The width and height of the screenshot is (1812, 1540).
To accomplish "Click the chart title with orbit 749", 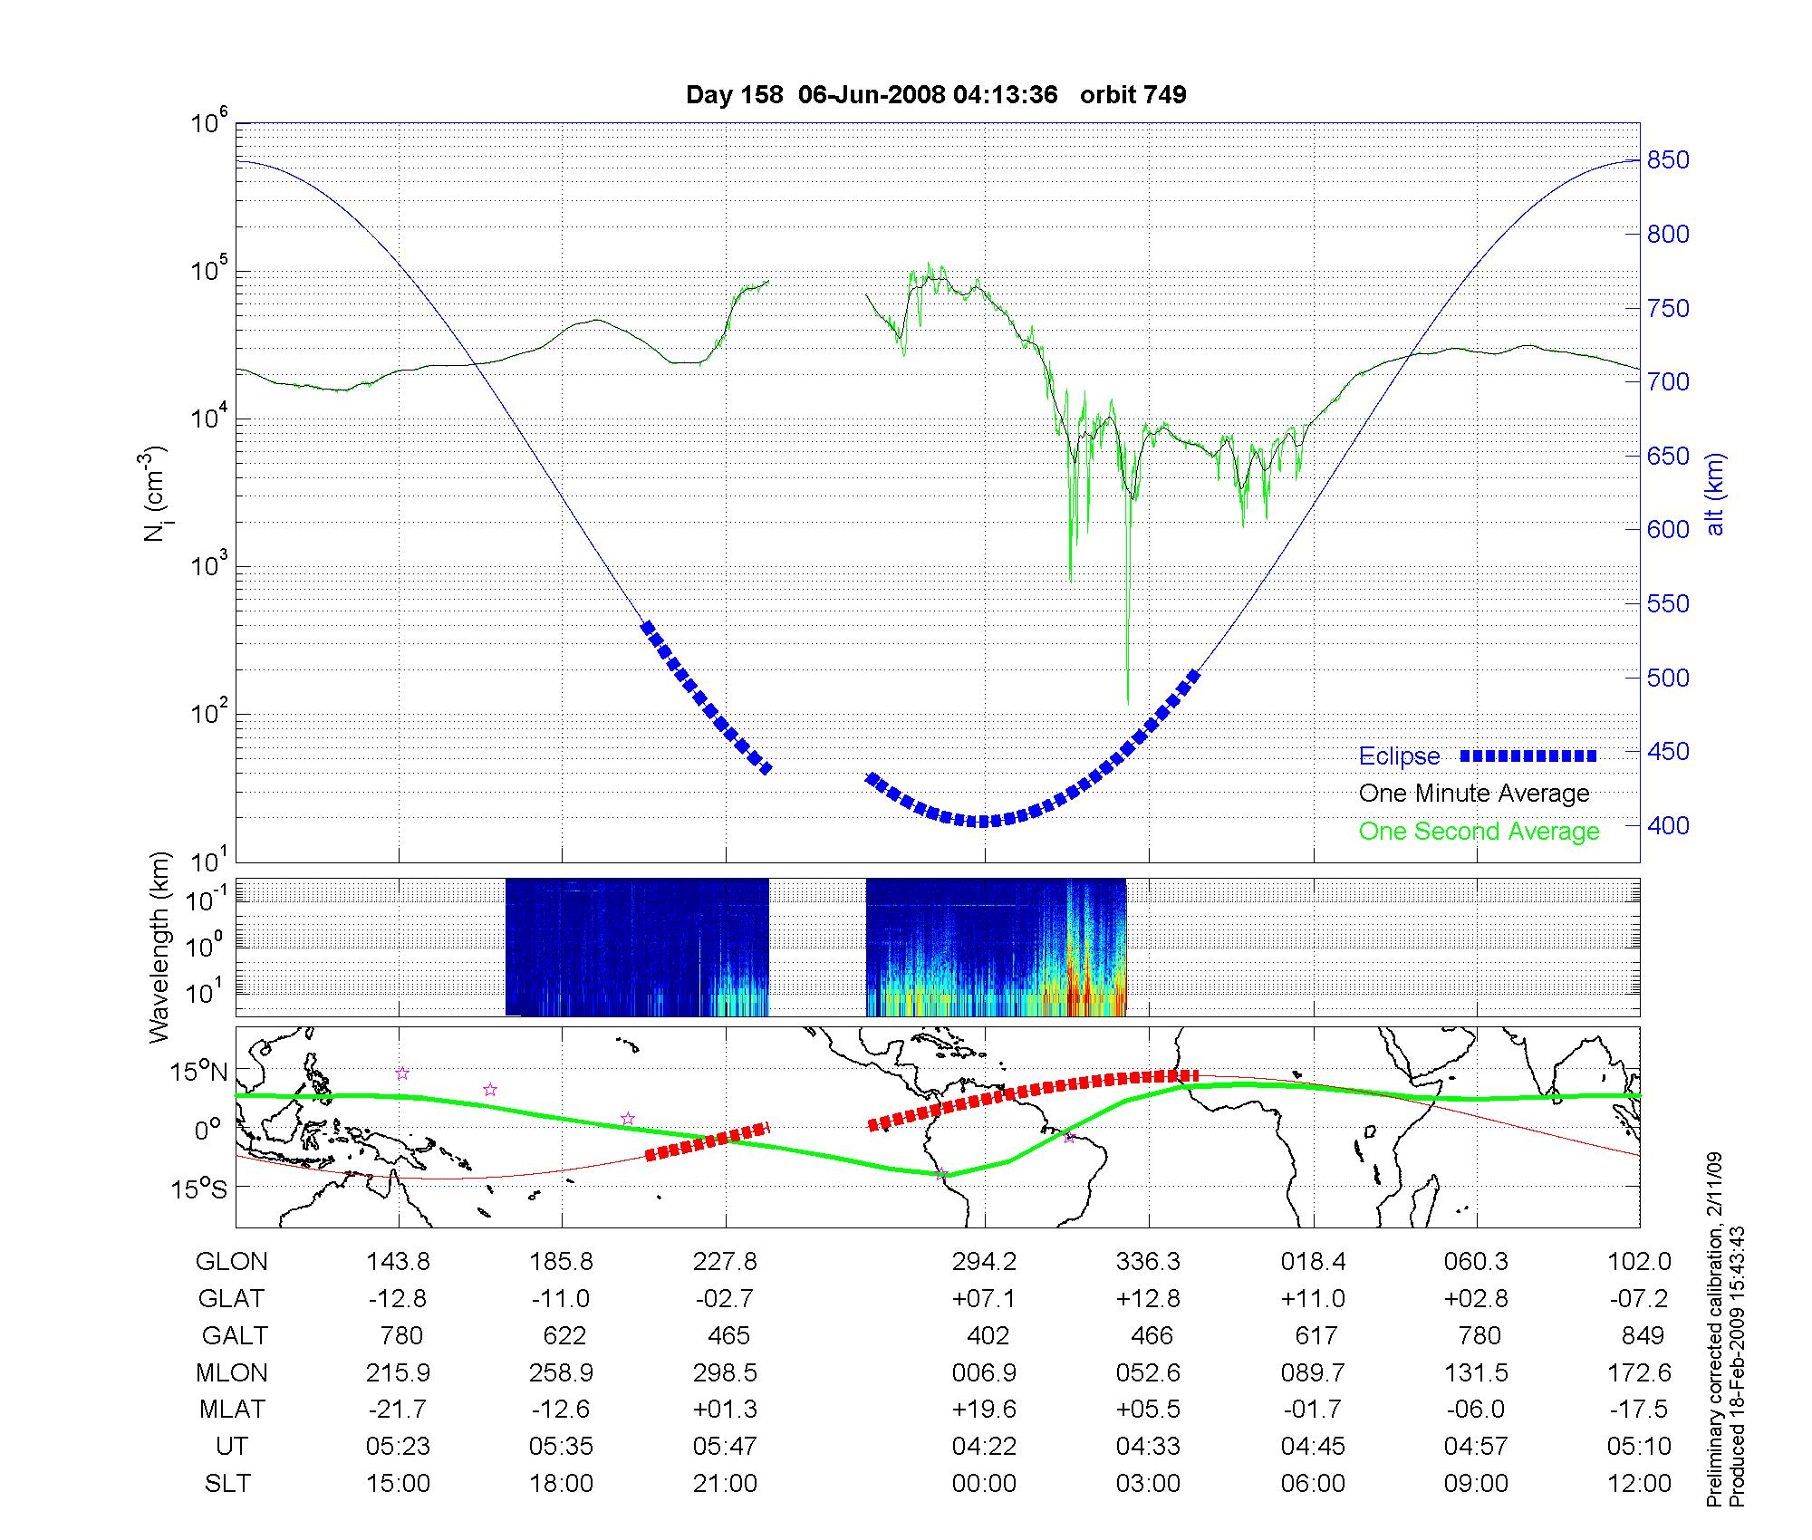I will pyautogui.click(x=936, y=95).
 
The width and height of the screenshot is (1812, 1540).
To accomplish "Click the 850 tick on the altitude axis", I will pyautogui.click(x=1668, y=161).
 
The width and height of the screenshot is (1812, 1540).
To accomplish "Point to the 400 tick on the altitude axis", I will pyautogui.click(x=1668, y=826).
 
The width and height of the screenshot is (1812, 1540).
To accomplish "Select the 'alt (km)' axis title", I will pyautogui.click(x=1715, y=494).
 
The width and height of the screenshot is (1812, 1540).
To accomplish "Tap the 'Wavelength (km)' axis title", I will pyautogui.click(x=159, y=947).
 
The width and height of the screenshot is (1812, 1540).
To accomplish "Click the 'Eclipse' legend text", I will pyautogui.click(x=1399, y=756).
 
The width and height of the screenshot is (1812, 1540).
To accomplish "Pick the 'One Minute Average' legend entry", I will pyautogui.click(x=1474, y=794).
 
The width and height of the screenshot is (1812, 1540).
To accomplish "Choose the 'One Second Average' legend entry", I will pyautogui.click(x=1479, y=832).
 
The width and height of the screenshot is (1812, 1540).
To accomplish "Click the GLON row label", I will pyautogui.click(x=232, y=1262).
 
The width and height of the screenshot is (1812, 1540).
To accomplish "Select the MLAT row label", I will pyautogui.click(x=232, y=1410).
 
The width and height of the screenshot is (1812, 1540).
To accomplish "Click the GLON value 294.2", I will pyautogui.click(x=984, y=1262).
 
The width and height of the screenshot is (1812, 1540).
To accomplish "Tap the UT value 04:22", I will pyautogui.click(x=984, y=1447).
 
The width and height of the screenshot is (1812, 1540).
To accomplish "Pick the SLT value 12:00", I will pyautogui.click(x=1639, y=1484).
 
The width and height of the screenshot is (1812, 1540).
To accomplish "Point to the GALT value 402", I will pyautogui.click(x=988, y=1336).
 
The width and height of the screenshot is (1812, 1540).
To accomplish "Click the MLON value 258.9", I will pyautogui.click(x=561, y=1373).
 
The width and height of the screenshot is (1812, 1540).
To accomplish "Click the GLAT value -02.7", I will pyautogui.click(x=725, y=1299).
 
